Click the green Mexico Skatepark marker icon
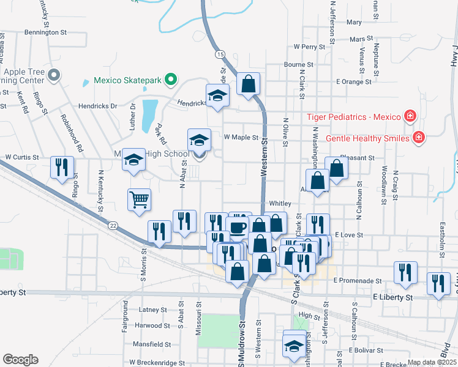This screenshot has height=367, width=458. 173,80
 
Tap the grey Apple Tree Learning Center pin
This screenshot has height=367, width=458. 54,75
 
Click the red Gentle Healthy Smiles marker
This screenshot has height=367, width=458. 419,137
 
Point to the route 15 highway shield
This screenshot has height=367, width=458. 220,54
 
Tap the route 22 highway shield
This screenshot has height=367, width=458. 113,226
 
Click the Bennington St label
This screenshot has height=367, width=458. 45,32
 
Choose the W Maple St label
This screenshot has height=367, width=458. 241,138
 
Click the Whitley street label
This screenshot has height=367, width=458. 280,204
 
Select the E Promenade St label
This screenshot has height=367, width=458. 358,281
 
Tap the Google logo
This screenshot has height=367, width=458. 21,359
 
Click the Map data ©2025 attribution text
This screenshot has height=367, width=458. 432,362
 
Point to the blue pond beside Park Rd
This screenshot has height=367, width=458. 148,116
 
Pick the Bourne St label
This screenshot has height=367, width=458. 299,64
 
